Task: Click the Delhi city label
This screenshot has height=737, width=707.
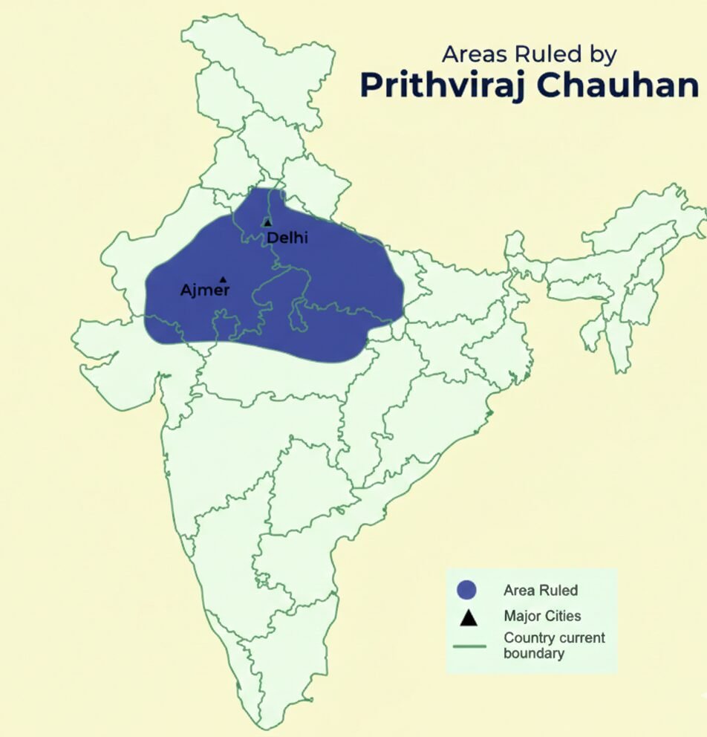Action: coord(287,238)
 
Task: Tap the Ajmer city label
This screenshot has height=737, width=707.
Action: coord(205,290)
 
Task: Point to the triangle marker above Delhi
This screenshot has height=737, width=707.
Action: coord(267,222)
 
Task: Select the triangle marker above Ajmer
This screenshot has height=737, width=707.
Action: coord(223,279)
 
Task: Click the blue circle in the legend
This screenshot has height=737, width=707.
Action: coord(466,590)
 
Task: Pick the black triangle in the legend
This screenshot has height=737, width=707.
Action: coord(466,617)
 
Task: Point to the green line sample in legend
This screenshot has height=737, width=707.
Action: coord(469,646)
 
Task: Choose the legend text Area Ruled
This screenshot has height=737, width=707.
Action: coord(540,591)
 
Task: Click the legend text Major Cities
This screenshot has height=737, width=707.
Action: coord(542,616)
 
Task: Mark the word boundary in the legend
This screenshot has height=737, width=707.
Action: coord(533,654)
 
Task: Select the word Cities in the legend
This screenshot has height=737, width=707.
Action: coord(562,616)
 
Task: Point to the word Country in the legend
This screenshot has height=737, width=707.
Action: coord(527,637)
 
